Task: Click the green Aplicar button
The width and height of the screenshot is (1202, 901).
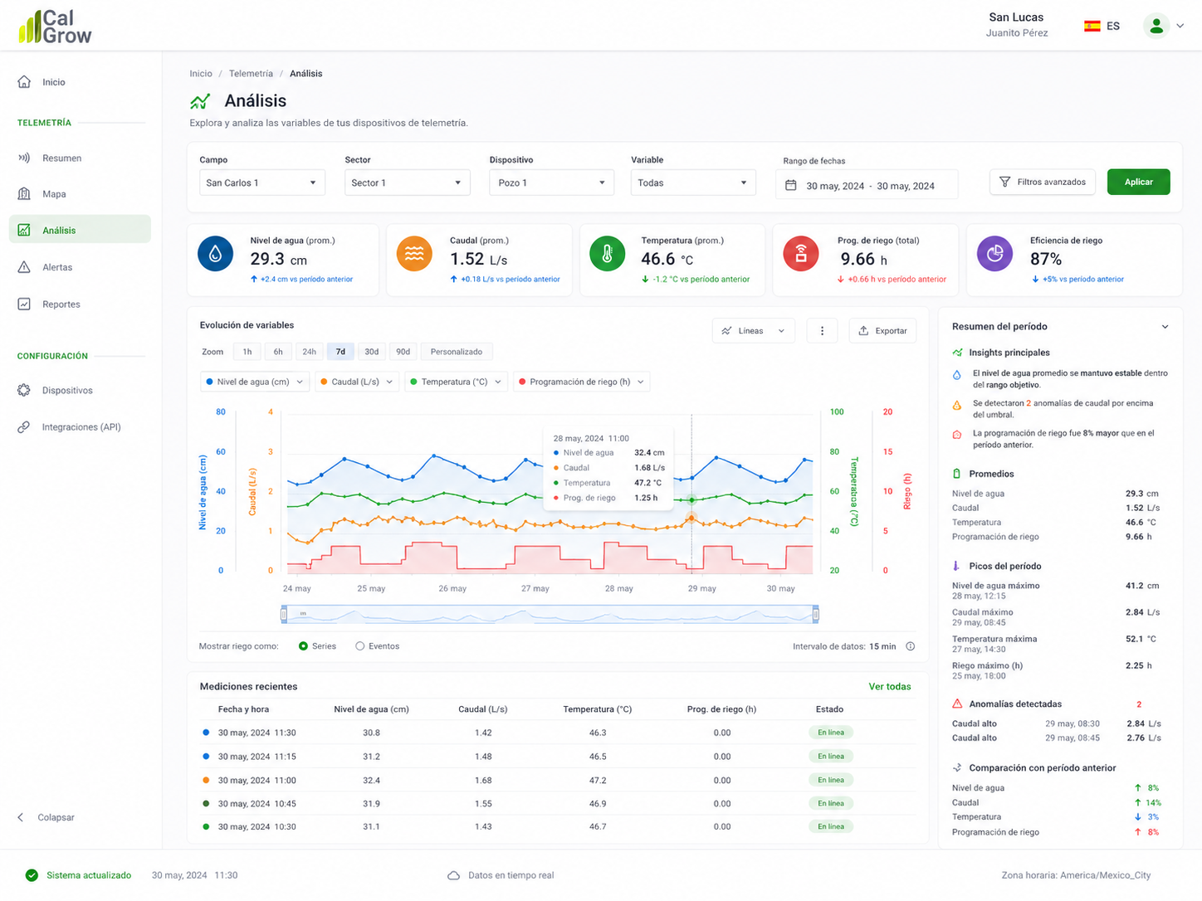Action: [x=1138, y=182]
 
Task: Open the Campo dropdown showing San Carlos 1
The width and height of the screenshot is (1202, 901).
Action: [x=261, y=183]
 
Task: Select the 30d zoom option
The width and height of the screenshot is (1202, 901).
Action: [x=371, y=351]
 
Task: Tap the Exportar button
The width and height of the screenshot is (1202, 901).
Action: [x=882, y=330]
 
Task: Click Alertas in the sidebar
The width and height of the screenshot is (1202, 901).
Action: [x=57, y=267]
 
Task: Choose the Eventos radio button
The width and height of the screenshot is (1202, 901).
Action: [x=359, y=646]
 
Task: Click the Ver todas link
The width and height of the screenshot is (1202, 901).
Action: [x=889, y=687]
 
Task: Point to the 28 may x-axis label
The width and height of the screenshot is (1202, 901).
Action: [x=618, y=588]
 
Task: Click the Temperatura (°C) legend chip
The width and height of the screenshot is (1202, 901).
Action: [x=456, y=382]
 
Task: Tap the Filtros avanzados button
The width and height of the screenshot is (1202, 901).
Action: [x=1042, y=182]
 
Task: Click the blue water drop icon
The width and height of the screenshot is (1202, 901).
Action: [x=215, y=253]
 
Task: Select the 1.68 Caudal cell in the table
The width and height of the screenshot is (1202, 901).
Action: [x=483, y=780]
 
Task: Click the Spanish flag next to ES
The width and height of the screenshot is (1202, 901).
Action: [x=1092, y=26]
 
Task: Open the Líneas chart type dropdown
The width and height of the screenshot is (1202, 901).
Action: [x=753, y=330]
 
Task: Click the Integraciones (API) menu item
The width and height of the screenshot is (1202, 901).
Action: [x=81, y=426]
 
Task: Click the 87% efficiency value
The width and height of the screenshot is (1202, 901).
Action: [x=1045, y=259]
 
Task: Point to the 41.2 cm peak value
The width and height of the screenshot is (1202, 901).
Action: [x=1142, y=586]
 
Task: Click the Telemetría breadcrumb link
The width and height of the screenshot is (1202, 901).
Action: [x=251, y=73]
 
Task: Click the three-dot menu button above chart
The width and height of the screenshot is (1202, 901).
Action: [x=822, y=330]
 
